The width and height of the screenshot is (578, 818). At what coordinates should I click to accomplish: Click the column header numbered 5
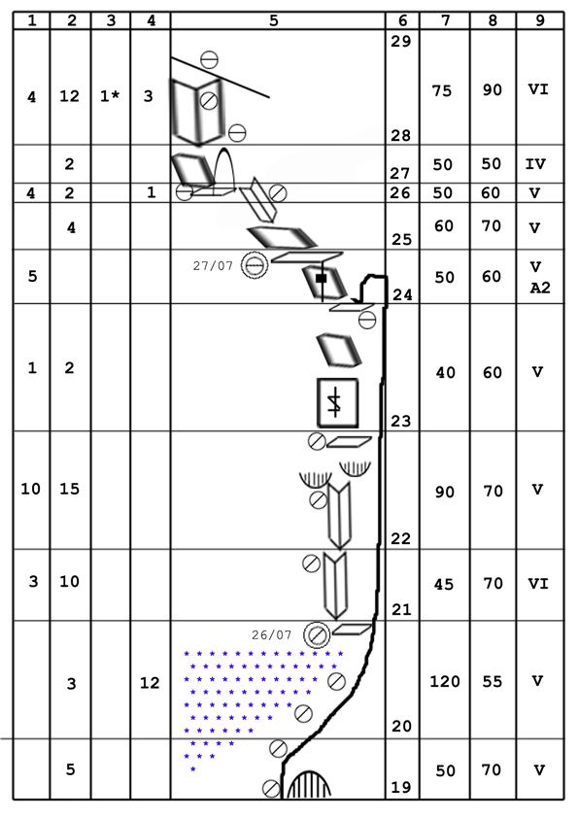[274, 20]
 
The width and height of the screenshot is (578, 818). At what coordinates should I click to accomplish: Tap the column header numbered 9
[540, 20]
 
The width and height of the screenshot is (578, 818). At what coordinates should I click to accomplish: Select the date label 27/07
[213, 265]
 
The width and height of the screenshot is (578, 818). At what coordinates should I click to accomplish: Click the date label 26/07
[271, 635]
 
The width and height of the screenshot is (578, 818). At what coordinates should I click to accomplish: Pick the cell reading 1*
[110, 96]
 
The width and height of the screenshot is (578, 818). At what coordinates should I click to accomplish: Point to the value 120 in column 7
[445, 681]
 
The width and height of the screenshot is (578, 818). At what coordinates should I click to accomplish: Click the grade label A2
[540, 288]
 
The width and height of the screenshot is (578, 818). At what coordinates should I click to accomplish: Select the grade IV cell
[535, 164]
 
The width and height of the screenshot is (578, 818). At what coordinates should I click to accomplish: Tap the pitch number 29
[400, 41]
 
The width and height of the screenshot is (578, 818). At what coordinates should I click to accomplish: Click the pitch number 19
[400, 787]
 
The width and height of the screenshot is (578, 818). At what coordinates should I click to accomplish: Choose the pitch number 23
[400, 421]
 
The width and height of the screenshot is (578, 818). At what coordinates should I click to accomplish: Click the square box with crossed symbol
[337, 403]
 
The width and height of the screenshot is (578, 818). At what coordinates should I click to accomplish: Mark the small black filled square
[321, 279]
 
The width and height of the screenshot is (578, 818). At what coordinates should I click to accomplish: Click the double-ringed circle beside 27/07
[255, 265]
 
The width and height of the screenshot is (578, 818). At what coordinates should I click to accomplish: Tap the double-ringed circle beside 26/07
[317, 635]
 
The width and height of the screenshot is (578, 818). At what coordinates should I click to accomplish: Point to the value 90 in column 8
[492, 90]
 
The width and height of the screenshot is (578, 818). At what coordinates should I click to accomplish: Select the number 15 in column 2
[69, 489]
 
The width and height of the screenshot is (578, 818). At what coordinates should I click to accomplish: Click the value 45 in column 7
[443, 584]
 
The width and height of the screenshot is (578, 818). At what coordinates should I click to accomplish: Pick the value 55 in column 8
[492, 681]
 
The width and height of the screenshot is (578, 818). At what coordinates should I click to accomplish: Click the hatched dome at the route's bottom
[309, 785]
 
